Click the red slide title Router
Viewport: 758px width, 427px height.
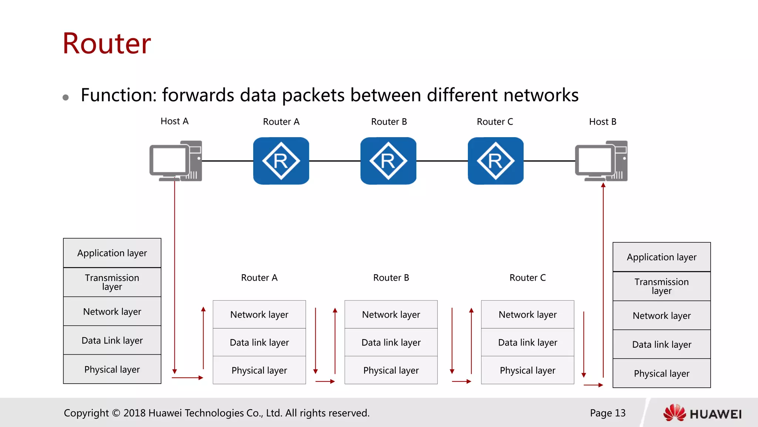107,43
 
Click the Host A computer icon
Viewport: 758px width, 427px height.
176,161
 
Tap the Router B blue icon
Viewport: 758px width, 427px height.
388,161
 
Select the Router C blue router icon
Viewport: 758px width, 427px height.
496,161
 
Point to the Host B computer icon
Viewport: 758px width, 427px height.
601,161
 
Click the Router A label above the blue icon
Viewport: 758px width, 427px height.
281,122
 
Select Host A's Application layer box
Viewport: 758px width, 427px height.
112,253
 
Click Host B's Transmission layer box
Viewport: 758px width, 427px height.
661,286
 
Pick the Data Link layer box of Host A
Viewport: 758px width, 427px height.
112,340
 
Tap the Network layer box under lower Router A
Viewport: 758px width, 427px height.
259,314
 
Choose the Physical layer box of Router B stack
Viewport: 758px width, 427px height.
391,370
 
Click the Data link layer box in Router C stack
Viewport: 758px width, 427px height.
527,342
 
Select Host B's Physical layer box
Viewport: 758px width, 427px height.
661,373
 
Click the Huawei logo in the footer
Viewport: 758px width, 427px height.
702,413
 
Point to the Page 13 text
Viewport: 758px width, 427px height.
607,413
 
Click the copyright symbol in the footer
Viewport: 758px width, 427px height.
116,413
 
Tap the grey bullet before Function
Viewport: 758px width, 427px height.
66,97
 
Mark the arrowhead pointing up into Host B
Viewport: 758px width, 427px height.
603,185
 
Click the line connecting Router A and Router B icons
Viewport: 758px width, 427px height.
335,161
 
